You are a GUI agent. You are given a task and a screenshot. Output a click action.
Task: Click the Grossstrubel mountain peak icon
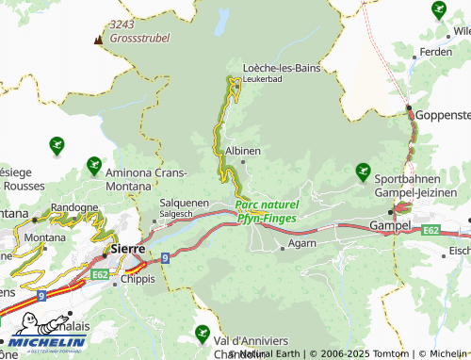98,40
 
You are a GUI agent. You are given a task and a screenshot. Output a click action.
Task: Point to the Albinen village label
242,150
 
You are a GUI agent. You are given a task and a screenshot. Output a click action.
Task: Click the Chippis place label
134,280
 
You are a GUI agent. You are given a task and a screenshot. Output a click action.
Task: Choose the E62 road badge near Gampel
431,230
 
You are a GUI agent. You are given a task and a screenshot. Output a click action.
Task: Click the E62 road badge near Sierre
100,273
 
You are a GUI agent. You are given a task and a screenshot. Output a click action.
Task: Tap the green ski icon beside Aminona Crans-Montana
93,166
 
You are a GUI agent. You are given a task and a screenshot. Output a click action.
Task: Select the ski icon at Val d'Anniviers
202,333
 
